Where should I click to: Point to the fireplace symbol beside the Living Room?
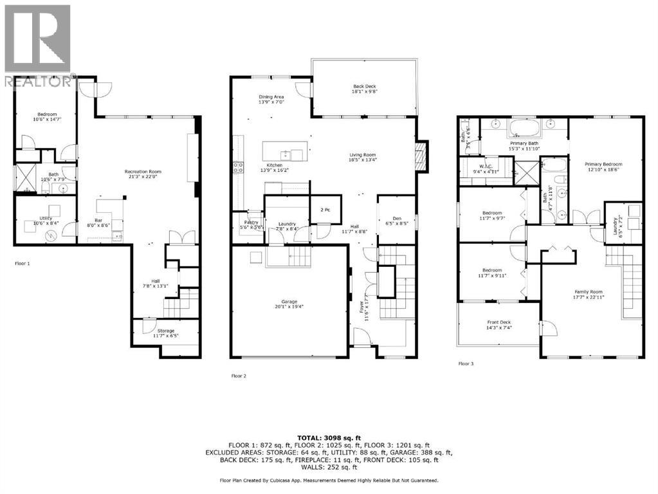(421, 156)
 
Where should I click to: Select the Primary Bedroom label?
(603, 164)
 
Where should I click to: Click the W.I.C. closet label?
(486, 165)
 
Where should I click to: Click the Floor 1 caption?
(23, 264)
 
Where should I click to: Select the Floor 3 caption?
(466, 364)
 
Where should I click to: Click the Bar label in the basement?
(99, 219)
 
